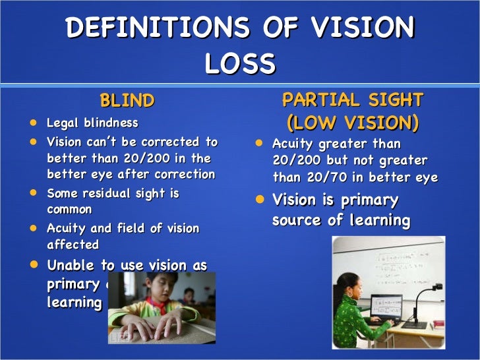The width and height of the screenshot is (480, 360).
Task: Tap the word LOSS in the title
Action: [x=239, y=64]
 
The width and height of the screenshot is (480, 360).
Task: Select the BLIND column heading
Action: [x=127, y=101]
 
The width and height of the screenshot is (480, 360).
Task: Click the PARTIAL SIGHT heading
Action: [x=352, y=100]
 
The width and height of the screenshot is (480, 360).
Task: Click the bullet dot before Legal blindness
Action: [x=34, y=123]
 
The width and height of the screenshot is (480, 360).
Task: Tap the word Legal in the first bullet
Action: [x=61, y=123]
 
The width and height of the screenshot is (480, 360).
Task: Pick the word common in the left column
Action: [x=69, y=210]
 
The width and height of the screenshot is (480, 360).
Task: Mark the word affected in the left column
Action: [x=73, y=245]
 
